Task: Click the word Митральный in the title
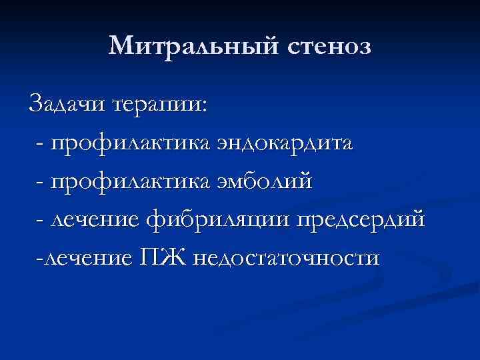[x=193, y=47]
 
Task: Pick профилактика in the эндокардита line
[x=130, y=143]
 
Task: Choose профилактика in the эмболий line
[x=130, y=181]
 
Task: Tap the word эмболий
[x=263, y=181]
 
